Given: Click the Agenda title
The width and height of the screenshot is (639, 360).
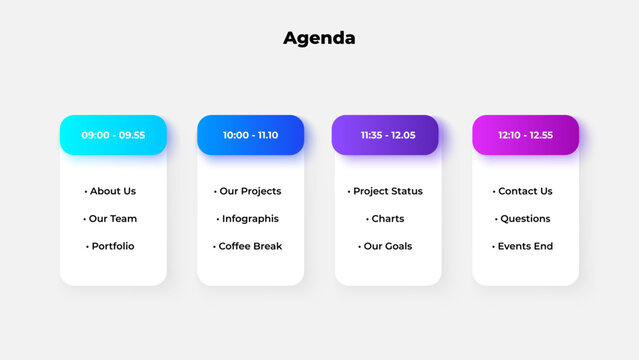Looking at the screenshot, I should (x=319, y=39).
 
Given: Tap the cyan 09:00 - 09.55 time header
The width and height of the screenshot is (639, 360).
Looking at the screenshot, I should (x=113, y=135).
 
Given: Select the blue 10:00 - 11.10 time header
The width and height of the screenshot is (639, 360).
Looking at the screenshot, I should (x=250, y=135).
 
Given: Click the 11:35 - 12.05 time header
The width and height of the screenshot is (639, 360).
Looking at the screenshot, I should (x=387, y=135).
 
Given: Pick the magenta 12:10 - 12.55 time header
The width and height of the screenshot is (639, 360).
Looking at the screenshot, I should (x=525, y=135).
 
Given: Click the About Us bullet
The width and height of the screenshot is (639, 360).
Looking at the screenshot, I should (x=111, y=191).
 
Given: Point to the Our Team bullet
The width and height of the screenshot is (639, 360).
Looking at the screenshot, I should (x=111, y=219).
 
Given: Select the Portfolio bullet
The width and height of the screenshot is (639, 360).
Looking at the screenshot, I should (x=111, y=246).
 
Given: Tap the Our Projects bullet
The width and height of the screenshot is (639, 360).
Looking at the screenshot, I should (x=249, y=191).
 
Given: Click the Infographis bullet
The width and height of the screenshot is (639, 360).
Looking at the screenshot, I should (x=249, y=219).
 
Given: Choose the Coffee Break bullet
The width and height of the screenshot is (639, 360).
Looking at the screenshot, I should (x=249, y=246).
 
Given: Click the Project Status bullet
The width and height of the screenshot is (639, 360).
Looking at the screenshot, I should (x=386, y=191).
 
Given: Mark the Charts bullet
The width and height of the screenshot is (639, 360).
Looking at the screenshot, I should (x=386, y=219).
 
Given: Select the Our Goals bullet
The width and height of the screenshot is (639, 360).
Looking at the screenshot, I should (x=386, y=246).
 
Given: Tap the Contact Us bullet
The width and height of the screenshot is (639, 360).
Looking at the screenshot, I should (x=524, y=191).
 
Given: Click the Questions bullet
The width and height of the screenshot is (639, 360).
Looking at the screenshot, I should (x=524, y=219).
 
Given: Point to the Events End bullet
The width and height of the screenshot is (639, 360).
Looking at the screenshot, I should (x=524, y=246).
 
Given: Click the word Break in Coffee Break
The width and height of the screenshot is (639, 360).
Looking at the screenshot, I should (x=267, y=246).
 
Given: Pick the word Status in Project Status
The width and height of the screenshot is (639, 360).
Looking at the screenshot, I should (x=405, y=191).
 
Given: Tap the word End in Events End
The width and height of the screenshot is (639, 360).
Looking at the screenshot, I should (x=542, y=246).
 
